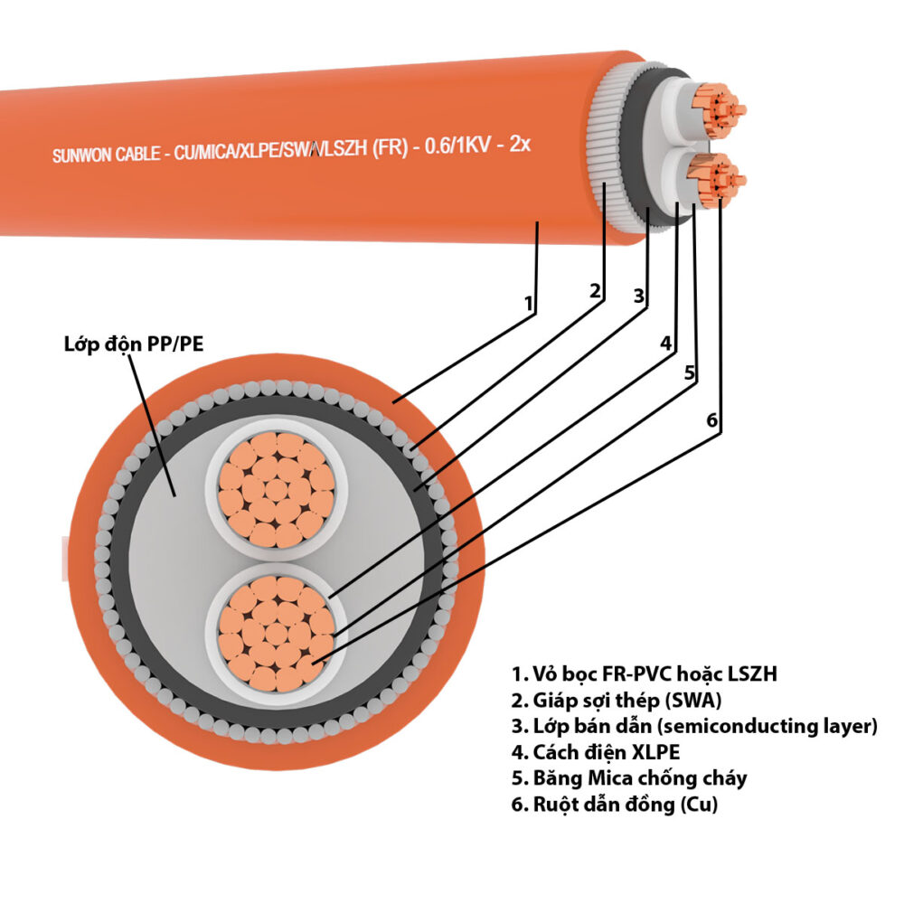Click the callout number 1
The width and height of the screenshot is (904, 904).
click(528, 303)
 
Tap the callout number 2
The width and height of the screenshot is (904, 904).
click(595, 291)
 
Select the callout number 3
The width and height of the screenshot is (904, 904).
click(639, 296)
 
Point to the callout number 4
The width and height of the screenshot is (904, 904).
click(666, 343)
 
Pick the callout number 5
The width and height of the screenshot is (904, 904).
click(690, 373)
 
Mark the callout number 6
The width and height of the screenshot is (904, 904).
click(712, 420)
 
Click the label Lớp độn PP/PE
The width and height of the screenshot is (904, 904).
click(134, 344)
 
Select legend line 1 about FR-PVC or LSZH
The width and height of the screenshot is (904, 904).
click(645, 673)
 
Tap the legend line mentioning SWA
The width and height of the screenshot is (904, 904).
click(617, 700)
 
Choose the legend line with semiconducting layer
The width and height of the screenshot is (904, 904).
click(694, 726)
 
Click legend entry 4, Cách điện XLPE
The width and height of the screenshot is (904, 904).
click(596, 752)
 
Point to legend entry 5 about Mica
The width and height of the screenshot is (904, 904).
click(629, 778)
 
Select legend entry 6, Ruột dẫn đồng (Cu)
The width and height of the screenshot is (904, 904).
click(615, 805)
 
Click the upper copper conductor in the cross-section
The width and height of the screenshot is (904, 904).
click(277, 490)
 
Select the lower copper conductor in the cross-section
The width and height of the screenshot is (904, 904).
click(277, 634)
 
